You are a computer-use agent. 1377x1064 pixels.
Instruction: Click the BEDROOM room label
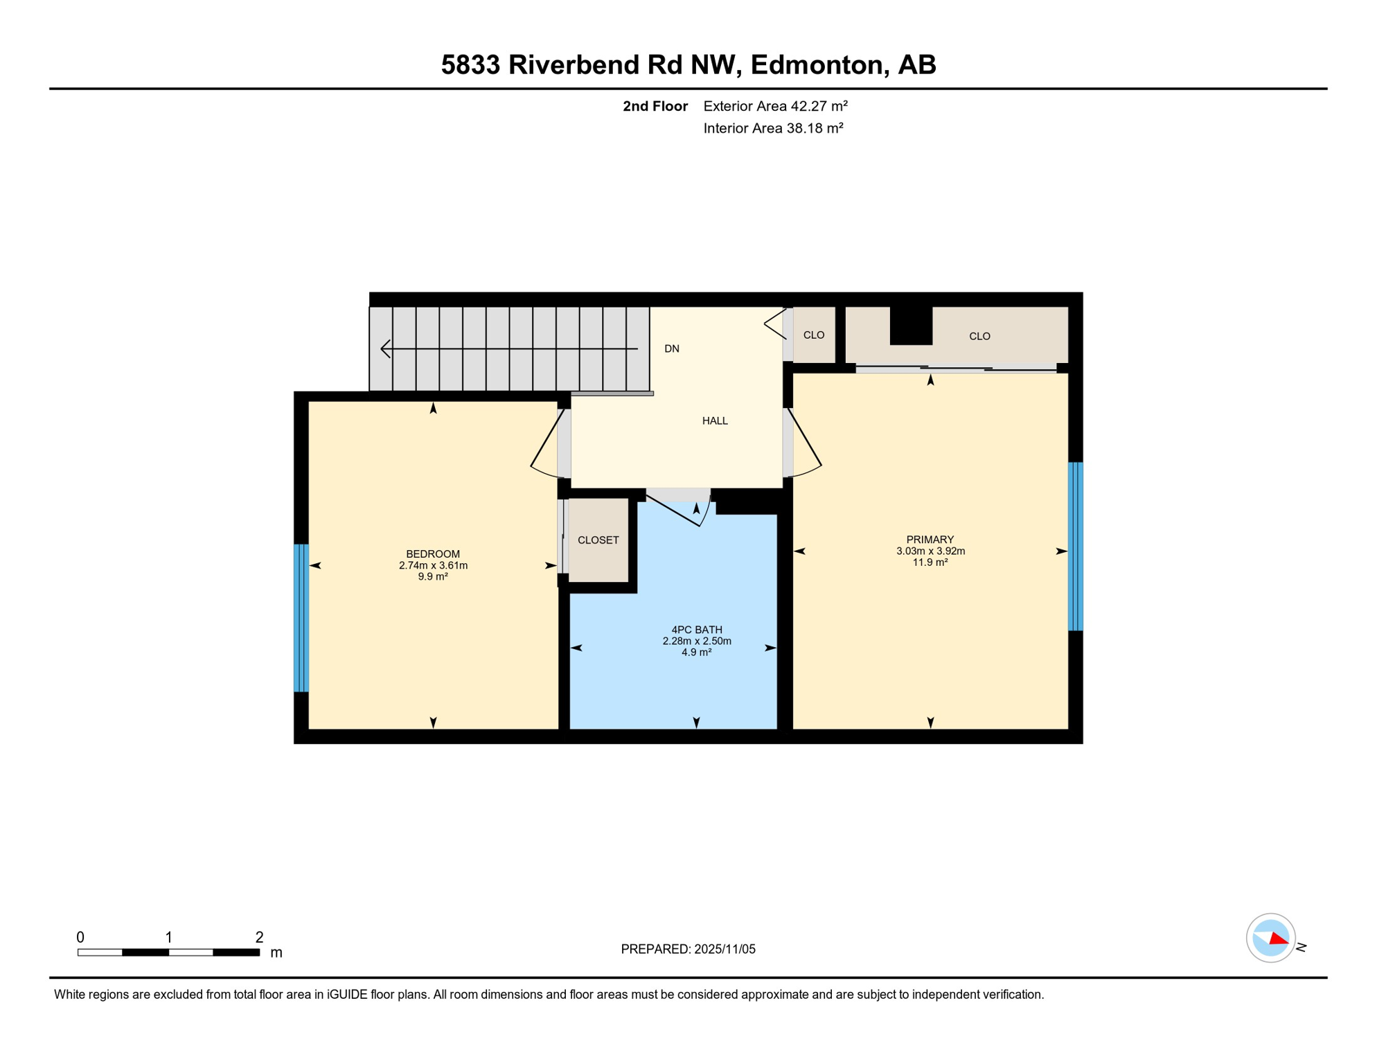click(x=433, y=553)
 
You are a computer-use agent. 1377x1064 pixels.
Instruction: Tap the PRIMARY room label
click(x=930, y=539)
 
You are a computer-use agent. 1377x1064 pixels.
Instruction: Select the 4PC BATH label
click(x=696, y=629)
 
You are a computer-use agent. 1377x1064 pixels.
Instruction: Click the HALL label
click(x=715, y=420)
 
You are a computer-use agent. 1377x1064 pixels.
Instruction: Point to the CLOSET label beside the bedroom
click(x=598, y=540)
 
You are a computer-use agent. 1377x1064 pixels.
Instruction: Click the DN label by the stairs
click(x=671, y=348)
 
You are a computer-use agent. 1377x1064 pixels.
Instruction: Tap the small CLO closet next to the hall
click(x=813, y=335)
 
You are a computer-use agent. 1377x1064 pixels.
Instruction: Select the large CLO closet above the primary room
click(x=979, y=336)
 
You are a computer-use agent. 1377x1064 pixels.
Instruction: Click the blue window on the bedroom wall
click(x=301, y=618)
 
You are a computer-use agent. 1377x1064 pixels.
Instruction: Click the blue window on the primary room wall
click(x=1075, y=546)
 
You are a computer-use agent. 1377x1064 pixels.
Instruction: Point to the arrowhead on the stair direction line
click(x=386, y=348)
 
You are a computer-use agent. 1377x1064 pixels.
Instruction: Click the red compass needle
click(x=1278, y=939)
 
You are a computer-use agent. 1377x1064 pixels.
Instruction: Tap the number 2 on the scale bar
click(x=259, y=937)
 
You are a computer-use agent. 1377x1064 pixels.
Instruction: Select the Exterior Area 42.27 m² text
click(x=775, y=106)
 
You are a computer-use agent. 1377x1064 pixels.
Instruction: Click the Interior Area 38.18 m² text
click(x=773, y=128)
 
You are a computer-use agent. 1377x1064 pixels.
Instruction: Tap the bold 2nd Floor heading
click(x=655, y=106)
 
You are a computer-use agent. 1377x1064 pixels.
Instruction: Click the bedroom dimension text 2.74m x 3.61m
click(x=433, y=565)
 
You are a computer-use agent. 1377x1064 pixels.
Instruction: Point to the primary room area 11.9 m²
click(x=930, y=562)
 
